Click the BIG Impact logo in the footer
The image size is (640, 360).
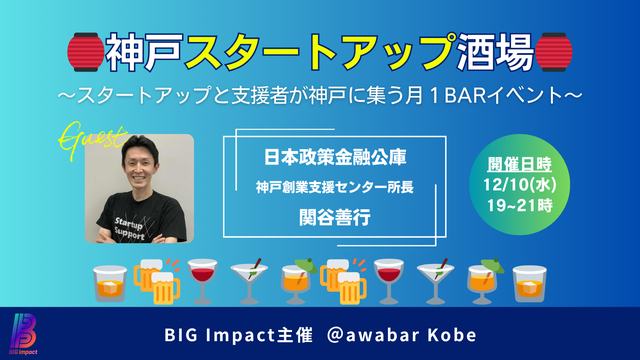point(24,331)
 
